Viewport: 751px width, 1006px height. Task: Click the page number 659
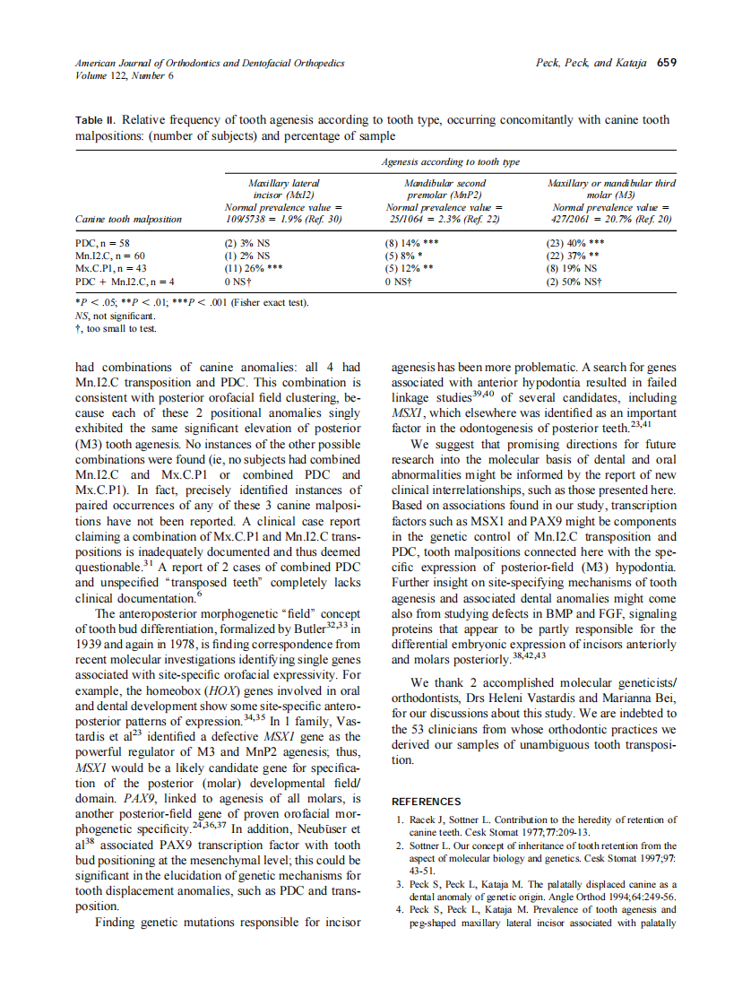[x=666, y=63]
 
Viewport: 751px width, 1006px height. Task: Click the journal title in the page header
[x=210, y=63]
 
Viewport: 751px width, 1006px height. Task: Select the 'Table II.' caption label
[x=96, y=119]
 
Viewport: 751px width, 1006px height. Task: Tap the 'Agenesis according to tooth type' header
[x=450, y=161]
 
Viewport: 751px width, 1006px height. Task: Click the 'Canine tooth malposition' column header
[x=128, y=219]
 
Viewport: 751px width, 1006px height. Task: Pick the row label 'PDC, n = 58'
[x=103, y=243]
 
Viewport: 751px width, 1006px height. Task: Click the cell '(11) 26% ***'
[x=253, y=268]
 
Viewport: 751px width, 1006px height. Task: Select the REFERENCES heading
[x=427, y=802]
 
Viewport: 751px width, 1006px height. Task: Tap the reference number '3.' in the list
[x=401, y=884]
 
